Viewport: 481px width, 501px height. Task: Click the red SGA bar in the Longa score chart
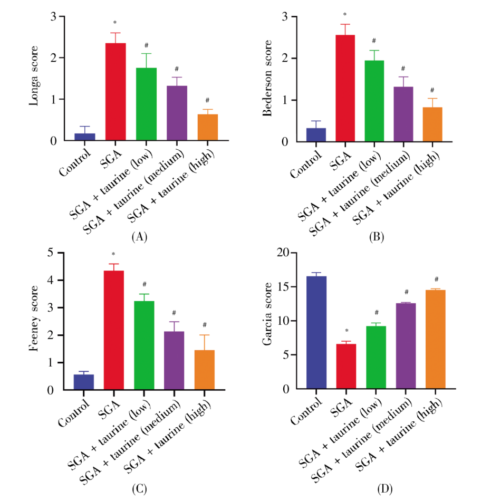(x=115, y=92)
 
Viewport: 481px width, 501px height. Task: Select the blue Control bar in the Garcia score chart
(x=316, y=332)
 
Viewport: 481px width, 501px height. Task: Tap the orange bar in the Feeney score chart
(x=205, y=370)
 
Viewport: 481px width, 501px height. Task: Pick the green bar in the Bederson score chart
(x=374, y=101)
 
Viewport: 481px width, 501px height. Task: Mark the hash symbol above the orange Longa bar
(x=207, y=100)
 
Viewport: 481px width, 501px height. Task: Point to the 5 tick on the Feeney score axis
(x=50, y=253)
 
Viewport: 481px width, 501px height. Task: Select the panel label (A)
(x=138, y=237)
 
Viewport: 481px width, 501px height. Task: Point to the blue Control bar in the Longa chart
(x=84, y=137)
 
